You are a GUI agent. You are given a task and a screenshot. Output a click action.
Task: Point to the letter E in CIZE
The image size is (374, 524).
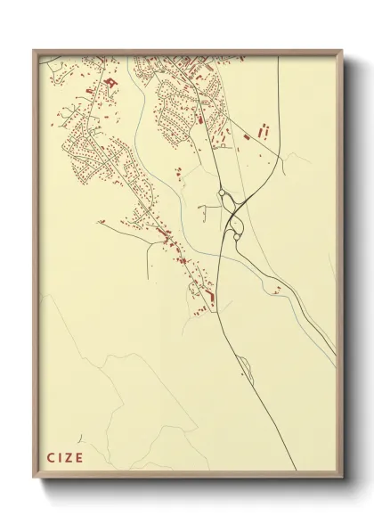[x=79, y=459]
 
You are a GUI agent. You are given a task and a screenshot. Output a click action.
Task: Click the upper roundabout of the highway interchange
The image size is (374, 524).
[x=223, y=197]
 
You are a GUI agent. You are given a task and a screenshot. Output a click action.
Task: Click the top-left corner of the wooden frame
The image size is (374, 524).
[x=34, y=51]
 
